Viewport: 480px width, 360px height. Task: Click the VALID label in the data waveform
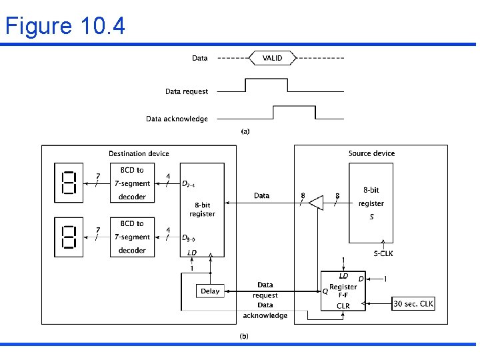click(x=272, y=58)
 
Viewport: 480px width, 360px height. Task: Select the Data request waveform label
click(x=187, y=91)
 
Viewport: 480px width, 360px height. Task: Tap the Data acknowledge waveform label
click(x=177, y=119)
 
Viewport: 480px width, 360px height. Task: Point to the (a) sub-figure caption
click(x=245, y=132)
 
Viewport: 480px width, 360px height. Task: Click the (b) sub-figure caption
click(x=244, y=336)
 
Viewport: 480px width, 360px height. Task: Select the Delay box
click(x=210, y=291)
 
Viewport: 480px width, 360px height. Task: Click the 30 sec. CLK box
click(x=413, y=304)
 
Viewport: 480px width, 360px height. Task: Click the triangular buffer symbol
click(x=316, y=203)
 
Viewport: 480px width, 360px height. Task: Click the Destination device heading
click(x=139, y=154)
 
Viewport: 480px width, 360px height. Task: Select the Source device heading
click(x=371, y=154)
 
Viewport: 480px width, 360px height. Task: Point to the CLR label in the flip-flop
click(x=343, y=307)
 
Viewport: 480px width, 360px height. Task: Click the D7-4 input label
click(x=189, y=184)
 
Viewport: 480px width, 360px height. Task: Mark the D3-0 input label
click(x=189, y=238)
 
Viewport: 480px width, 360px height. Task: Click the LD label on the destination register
click(x=192, y=253)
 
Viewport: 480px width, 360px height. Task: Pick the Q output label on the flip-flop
click(x=325, y=291)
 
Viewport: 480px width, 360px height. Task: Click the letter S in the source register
click(x=371, y=217)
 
